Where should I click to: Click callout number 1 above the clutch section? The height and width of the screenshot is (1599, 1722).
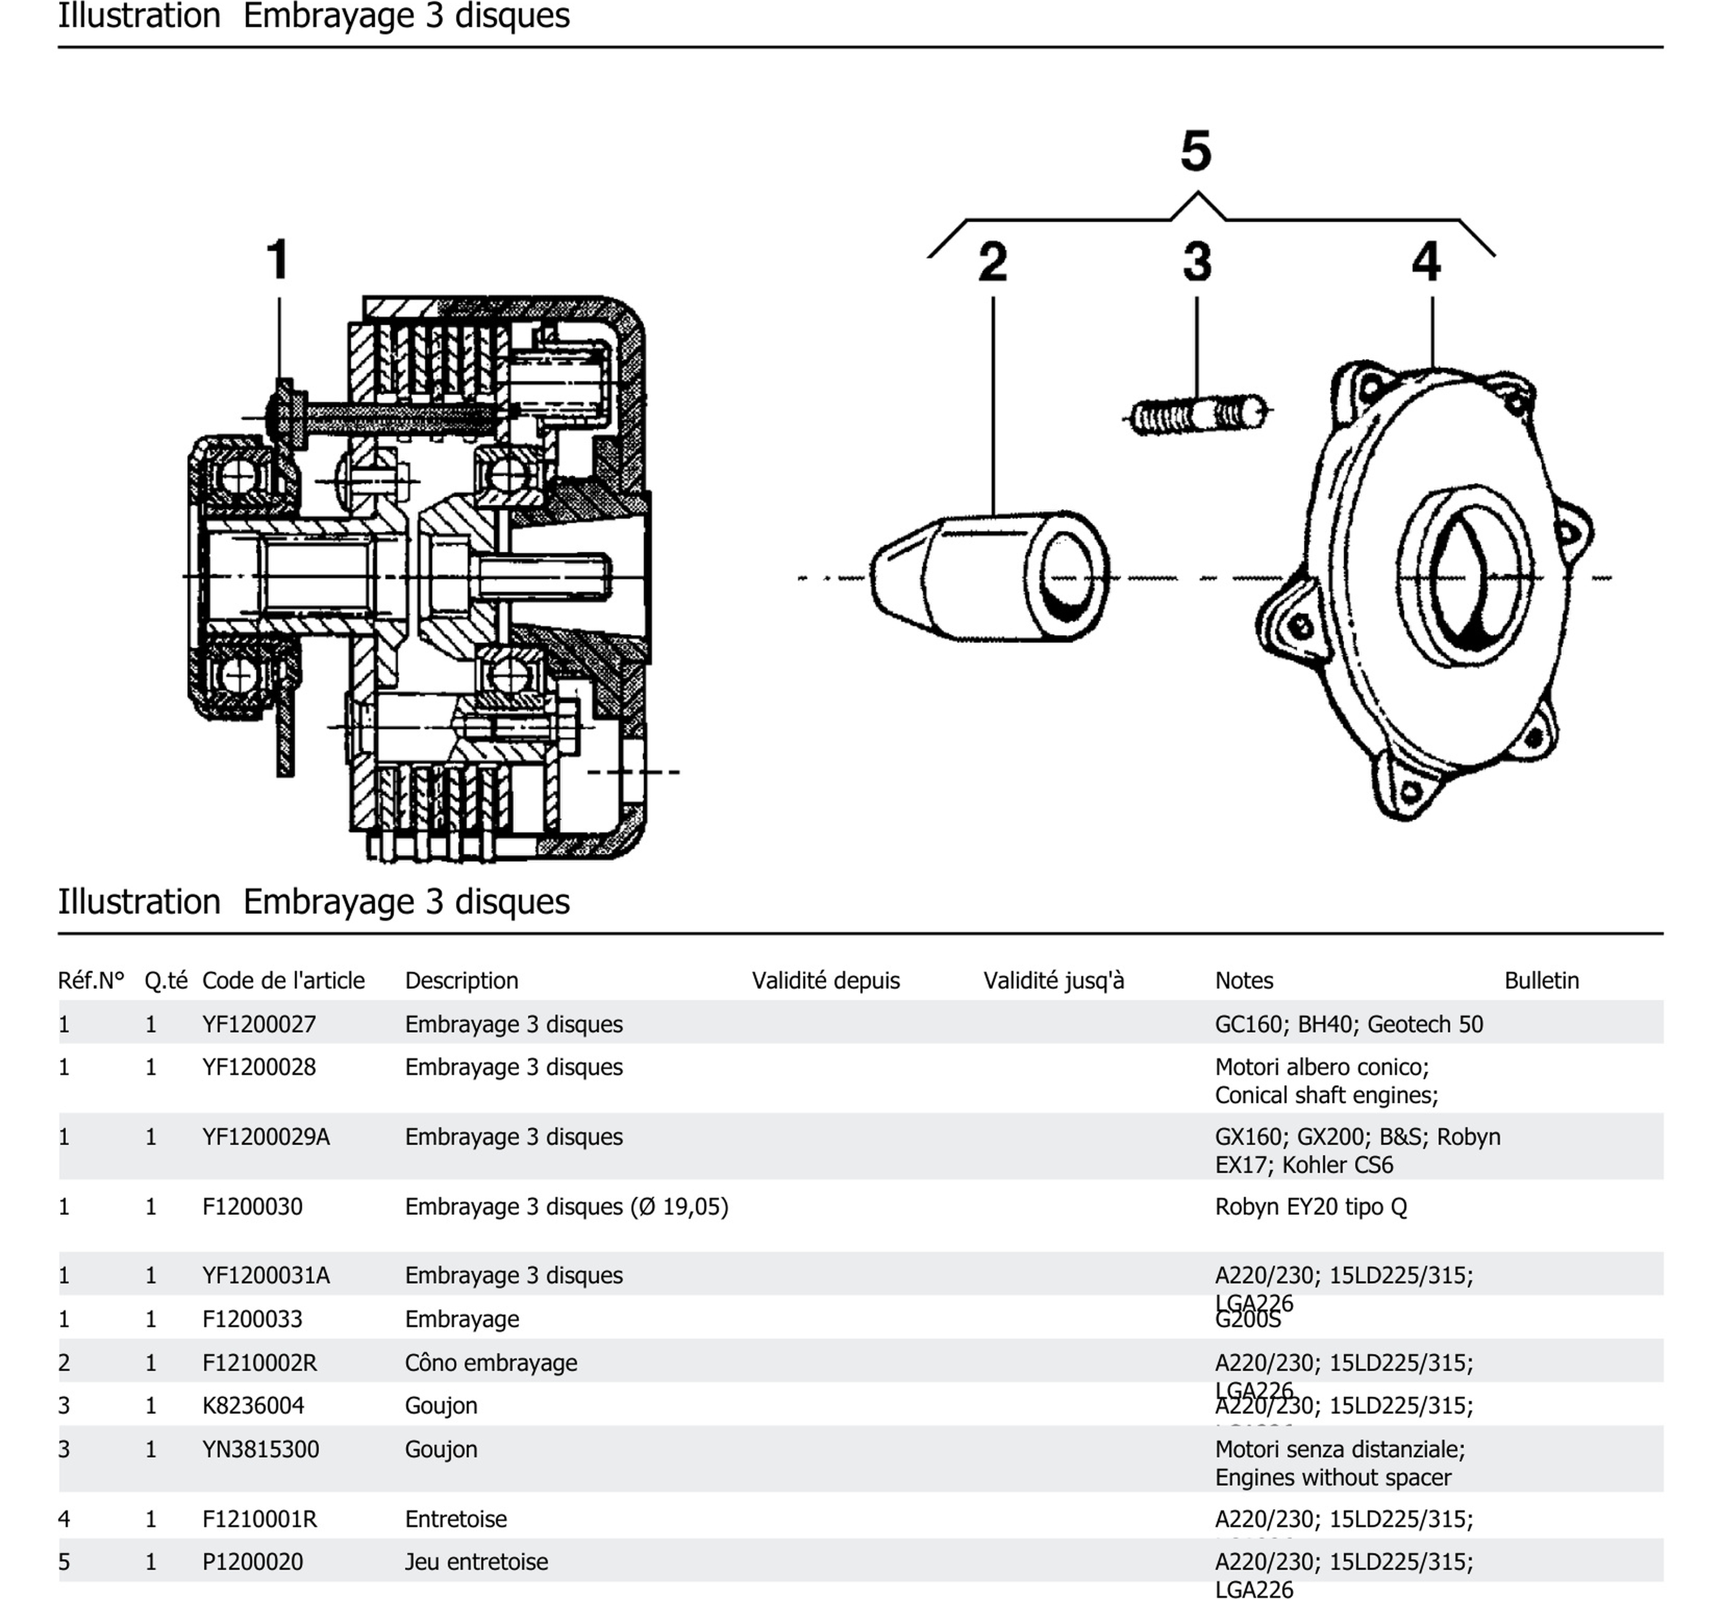(x=277, y=259)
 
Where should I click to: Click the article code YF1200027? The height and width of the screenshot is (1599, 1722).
(x=259, y=1025)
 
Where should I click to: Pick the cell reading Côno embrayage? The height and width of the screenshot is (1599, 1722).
(x=491, y=1363)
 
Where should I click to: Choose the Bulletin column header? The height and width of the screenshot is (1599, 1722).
(x=1541, y=980)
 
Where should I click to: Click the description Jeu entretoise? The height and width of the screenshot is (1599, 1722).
(x=476, y=1562)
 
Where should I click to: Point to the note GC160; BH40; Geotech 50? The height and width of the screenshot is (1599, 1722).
(x=1348, y=1025)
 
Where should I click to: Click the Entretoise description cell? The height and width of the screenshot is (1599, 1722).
(x=455, y=1519)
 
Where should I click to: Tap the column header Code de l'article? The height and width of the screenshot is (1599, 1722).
(x=283, y=980)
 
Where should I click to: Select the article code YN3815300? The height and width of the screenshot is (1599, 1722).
(x=260, y=1450)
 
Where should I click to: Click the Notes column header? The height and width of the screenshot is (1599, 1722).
(x=1243, y=980)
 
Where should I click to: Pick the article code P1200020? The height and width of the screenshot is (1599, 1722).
(x=253, y=1562)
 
